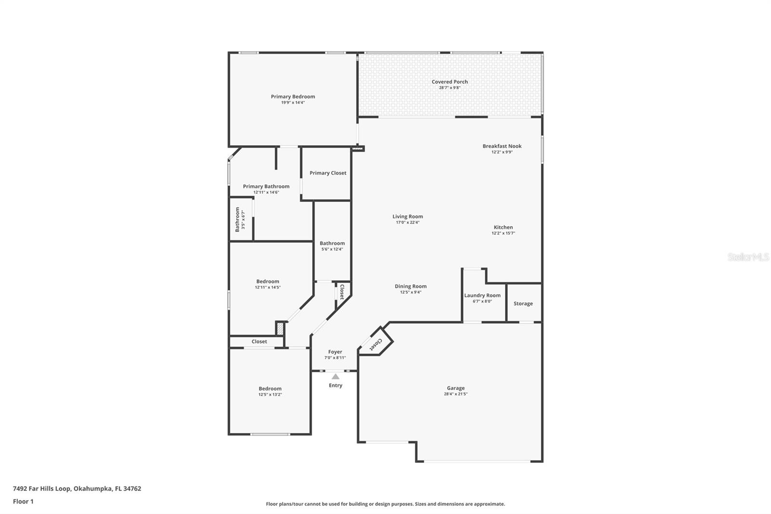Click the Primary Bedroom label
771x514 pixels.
292,96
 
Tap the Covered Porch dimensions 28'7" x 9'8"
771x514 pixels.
450,88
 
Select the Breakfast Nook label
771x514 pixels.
502,146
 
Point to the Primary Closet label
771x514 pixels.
328,173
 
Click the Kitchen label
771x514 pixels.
503,227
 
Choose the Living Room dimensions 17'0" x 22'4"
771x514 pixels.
408,223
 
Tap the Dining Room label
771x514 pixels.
411,286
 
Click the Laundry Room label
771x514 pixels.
482,296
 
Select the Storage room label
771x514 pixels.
523,304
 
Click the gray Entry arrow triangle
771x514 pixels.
335,377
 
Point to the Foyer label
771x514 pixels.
335,352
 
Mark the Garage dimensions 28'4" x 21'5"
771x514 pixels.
455,394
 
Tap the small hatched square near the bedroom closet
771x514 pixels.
280,328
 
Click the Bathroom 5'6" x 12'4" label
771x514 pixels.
332,243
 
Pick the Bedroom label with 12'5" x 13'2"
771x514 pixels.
270,389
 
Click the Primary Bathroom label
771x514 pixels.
266,187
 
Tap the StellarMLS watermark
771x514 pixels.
748,257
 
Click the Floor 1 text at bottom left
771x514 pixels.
23,501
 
